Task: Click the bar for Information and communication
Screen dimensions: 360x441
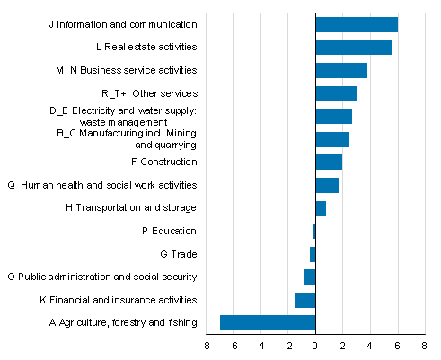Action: coord(357,24)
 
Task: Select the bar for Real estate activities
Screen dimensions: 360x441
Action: coord(353,48)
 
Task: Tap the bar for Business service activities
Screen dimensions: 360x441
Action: coord(341,70)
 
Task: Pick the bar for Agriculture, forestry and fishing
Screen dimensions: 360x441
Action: coord(268,322)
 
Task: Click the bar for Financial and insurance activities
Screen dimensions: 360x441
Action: coord(305,300)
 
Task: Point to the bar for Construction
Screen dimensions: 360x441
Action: coord(329,162)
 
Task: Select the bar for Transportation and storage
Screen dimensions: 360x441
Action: coord(321,208)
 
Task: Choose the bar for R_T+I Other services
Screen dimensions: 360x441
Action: coord(336,93)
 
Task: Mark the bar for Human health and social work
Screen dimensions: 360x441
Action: coord(327,185)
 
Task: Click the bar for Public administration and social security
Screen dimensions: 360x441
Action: coord(310,277)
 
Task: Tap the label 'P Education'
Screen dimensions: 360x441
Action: coord(169,231)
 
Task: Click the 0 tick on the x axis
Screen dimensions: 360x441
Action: coord(315,345)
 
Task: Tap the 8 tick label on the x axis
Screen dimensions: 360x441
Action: coord(424,345)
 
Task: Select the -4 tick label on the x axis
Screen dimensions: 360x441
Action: coord(260,345)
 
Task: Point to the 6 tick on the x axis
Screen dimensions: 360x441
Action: coord(397,345)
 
